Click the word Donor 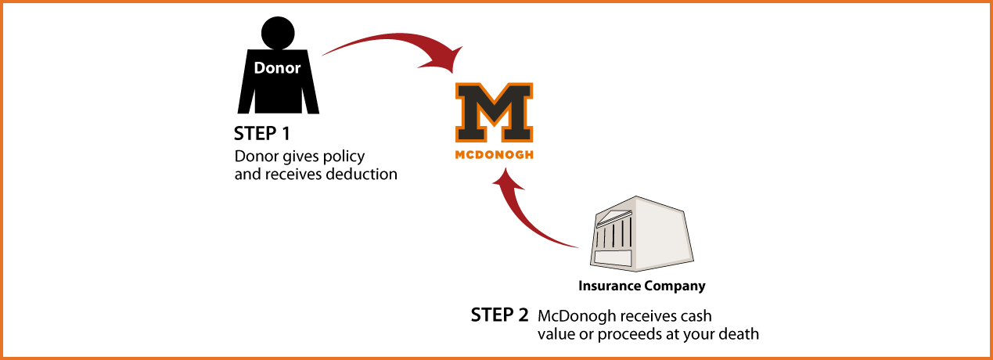point(277,69)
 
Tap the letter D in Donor point(260,69)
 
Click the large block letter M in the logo point(493,110)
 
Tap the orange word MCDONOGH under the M point(494,155)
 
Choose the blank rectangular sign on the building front point(613,257)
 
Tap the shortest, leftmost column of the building point(598,238)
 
